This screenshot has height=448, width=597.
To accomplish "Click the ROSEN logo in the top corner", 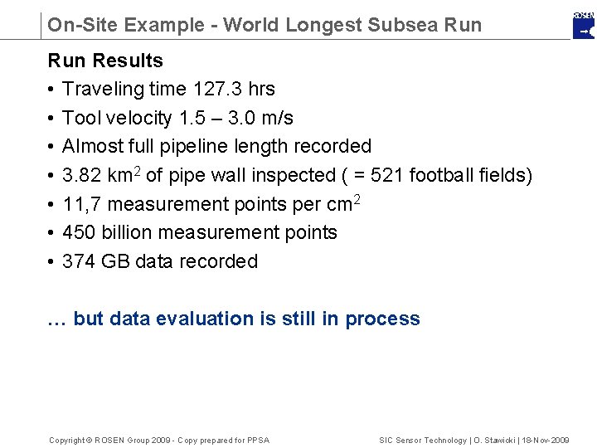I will click(584, 25).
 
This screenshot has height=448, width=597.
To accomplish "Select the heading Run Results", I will click(105, 61).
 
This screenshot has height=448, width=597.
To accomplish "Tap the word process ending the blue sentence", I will click(383, 319).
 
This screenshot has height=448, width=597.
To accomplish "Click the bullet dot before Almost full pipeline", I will click(51, 147).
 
